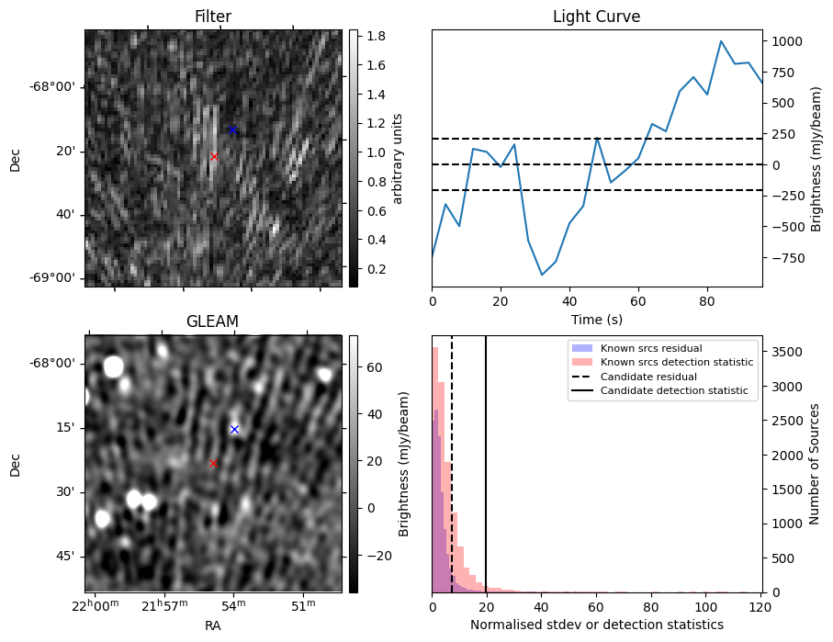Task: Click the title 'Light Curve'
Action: point(596,17)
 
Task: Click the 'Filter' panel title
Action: point(213,17)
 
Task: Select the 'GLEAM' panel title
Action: point(213,321)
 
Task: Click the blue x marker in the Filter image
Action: point(232,130)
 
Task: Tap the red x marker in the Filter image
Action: point(214,157)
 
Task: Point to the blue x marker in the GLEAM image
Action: point(234,429)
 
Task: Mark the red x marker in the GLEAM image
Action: point(213,464)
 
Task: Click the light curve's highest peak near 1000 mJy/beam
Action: point(721,41)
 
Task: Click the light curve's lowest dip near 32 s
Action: point(542,275)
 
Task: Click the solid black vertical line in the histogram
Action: point(486,478)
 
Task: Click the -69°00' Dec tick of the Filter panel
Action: point(52,278)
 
